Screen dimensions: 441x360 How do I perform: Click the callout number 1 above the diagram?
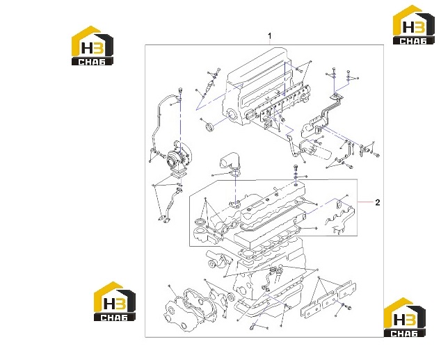click(x=270, y=36)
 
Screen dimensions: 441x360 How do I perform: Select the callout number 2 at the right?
click(x=378, y=202)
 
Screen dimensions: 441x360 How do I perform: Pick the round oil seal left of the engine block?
click(x=209, y=127)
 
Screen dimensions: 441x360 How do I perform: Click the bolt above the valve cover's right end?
click(x=295, y=169)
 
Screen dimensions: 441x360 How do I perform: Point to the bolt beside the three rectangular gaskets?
click(x=347, y=307)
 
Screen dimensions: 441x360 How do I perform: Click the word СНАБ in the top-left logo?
click(x=92, y=62)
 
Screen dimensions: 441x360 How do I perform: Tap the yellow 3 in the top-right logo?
click(x=419, y=27)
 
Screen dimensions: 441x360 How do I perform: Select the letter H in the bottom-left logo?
click(x=108, y=304)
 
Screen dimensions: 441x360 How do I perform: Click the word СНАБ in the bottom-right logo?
click(x=405, y=334)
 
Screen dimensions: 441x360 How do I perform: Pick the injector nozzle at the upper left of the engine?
click(x=209, y=86)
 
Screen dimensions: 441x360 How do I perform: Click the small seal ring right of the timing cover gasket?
click(x=231, y=297)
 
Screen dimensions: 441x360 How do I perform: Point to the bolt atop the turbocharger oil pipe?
click(x=180, y=90)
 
